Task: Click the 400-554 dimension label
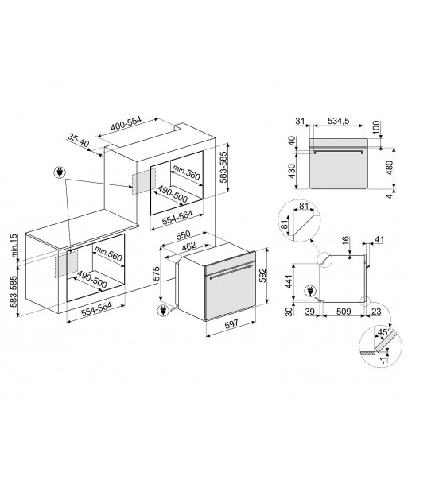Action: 126,124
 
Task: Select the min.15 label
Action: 14,246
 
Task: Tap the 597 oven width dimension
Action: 231,323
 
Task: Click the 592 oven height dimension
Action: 263,276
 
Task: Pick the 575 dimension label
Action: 156,273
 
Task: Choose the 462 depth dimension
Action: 188,246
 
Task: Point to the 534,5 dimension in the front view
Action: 339,121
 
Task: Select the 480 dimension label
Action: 389,168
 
